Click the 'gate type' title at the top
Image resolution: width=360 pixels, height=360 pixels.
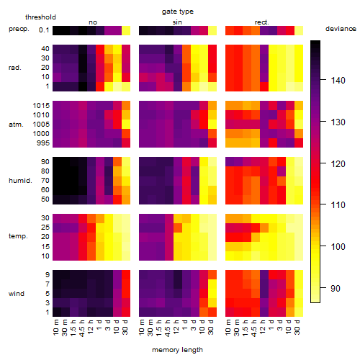(178, 12)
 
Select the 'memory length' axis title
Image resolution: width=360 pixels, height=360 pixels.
(177, 350)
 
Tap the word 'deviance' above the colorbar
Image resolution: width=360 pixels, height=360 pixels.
(341, 29)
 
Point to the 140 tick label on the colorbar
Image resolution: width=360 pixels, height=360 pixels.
(338, 81)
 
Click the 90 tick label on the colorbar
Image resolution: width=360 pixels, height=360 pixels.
(336, 288)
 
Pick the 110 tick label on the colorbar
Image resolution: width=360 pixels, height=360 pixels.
(338, 205)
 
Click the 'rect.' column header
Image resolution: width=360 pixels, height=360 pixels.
(262, 22)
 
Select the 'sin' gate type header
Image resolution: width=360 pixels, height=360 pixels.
(177, 22)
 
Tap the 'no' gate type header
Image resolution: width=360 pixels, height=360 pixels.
(93, 22)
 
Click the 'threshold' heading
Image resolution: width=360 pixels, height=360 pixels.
(40, 17)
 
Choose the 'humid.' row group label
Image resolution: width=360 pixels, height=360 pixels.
(20, 181)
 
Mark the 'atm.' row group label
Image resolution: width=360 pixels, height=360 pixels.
(16, 125)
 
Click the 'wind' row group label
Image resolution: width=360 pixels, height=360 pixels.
(17, 294)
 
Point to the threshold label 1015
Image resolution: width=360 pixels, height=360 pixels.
(41, 106)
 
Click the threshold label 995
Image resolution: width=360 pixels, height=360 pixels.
(43, 143)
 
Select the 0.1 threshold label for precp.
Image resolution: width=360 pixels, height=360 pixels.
(44, 30)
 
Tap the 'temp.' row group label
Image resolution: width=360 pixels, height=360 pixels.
(18, 236)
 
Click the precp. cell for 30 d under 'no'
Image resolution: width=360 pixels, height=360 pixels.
(126, 30)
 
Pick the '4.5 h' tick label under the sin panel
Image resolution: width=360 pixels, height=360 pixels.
(168, 328)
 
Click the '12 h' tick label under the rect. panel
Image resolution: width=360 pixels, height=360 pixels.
(263, 327)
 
